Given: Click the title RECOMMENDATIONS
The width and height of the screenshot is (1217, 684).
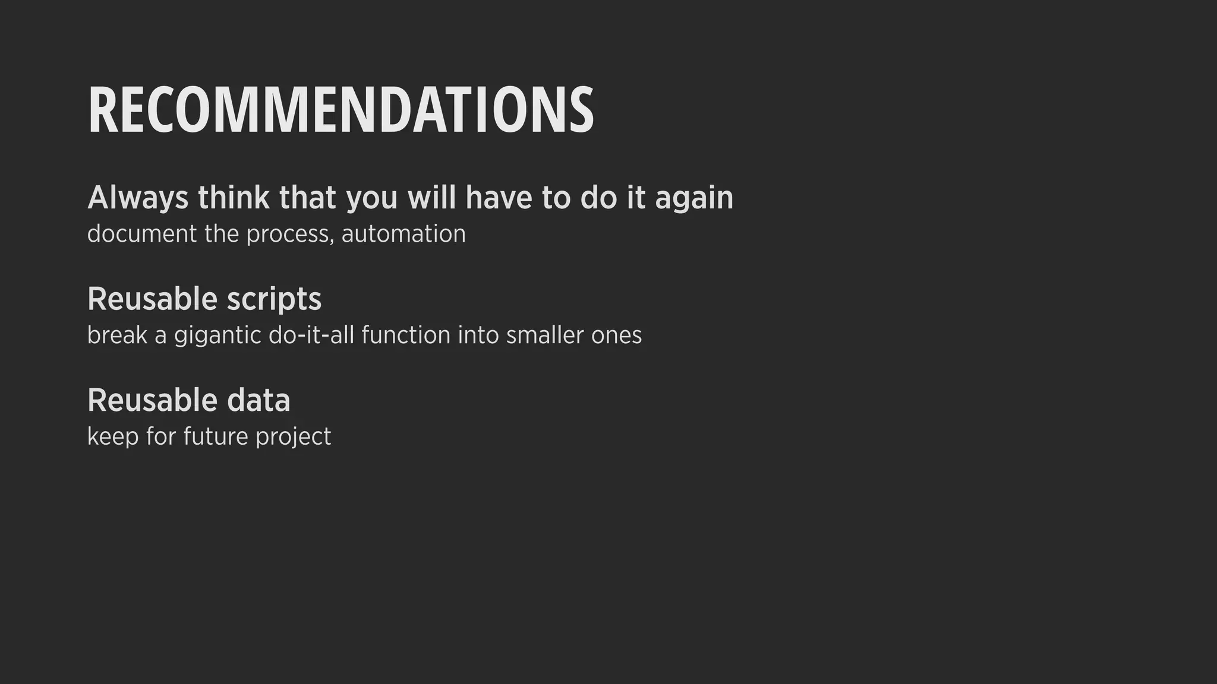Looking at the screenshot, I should coord(340,110).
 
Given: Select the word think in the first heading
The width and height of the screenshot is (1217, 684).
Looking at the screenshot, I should coord(234,197).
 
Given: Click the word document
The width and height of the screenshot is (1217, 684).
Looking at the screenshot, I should coord(141,234).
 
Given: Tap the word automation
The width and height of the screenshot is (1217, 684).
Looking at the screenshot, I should coord(403,234).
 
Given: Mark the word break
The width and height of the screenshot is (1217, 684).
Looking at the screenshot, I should coord(116,335).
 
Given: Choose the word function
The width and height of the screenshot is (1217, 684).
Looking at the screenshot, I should coord(405,335).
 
